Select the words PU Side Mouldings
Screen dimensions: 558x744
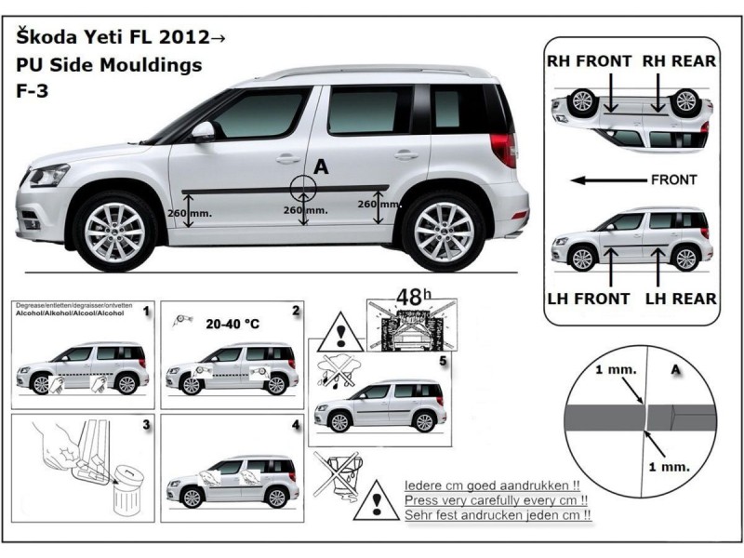point(108,66)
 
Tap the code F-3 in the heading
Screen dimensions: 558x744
point(33,92)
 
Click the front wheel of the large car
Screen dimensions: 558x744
point(114,231)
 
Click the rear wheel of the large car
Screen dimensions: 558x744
point(443,229)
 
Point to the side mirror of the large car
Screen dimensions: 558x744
point(204,131)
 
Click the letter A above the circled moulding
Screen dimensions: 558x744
point(322,166)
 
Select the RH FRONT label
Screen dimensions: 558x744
point(589,61)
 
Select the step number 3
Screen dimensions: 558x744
point(146,424)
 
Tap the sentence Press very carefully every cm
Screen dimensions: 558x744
point(498,499)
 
